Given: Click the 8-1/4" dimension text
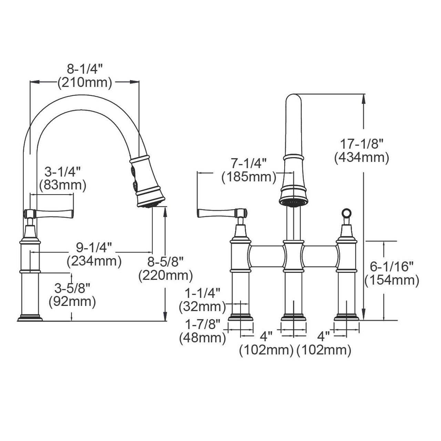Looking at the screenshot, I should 85,69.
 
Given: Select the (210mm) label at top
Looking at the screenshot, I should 85,83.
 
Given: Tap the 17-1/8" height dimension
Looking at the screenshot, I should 361,143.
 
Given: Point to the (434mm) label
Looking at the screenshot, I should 361,157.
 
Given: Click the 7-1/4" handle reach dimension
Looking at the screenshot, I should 249,163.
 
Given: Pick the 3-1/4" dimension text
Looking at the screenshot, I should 62,172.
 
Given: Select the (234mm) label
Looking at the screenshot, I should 94,261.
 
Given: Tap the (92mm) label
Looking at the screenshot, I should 72,301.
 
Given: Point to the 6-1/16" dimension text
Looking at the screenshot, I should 392,266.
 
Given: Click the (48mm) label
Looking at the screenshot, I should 202,338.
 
